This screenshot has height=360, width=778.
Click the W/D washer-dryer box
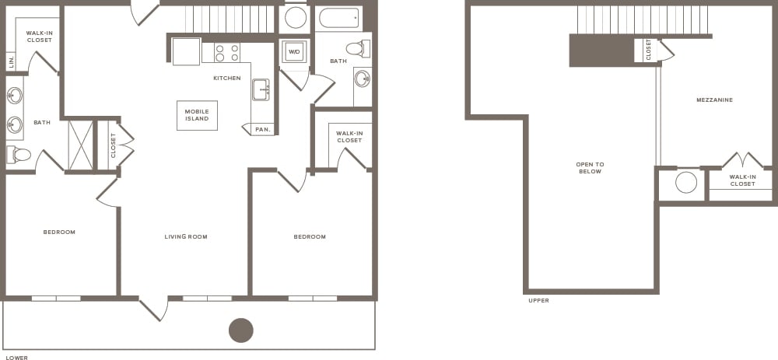(294, 52)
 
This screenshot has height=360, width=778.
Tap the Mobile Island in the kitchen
(197, 115)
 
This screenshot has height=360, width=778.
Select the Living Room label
(186, 236)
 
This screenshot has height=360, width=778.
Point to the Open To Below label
(590, 168)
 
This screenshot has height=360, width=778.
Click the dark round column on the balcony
(241, 330)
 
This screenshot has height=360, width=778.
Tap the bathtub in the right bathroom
(339, 18)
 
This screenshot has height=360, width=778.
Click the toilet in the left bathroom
(20, 155)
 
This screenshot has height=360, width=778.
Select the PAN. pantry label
(263, 129)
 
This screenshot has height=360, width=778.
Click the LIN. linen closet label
(12, 61)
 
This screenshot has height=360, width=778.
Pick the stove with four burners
(226, 52)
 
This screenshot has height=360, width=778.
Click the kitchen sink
(261, 89)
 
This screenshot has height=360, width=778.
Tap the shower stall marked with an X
(81, 145)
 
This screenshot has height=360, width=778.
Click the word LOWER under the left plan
(16, 358)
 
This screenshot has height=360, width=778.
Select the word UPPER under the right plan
(538, 300)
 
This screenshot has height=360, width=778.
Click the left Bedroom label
(59, 232)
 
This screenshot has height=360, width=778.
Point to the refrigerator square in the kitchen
(186, 52)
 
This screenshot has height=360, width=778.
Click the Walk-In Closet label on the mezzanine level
(741, 180)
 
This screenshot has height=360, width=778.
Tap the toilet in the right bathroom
(356, 49)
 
